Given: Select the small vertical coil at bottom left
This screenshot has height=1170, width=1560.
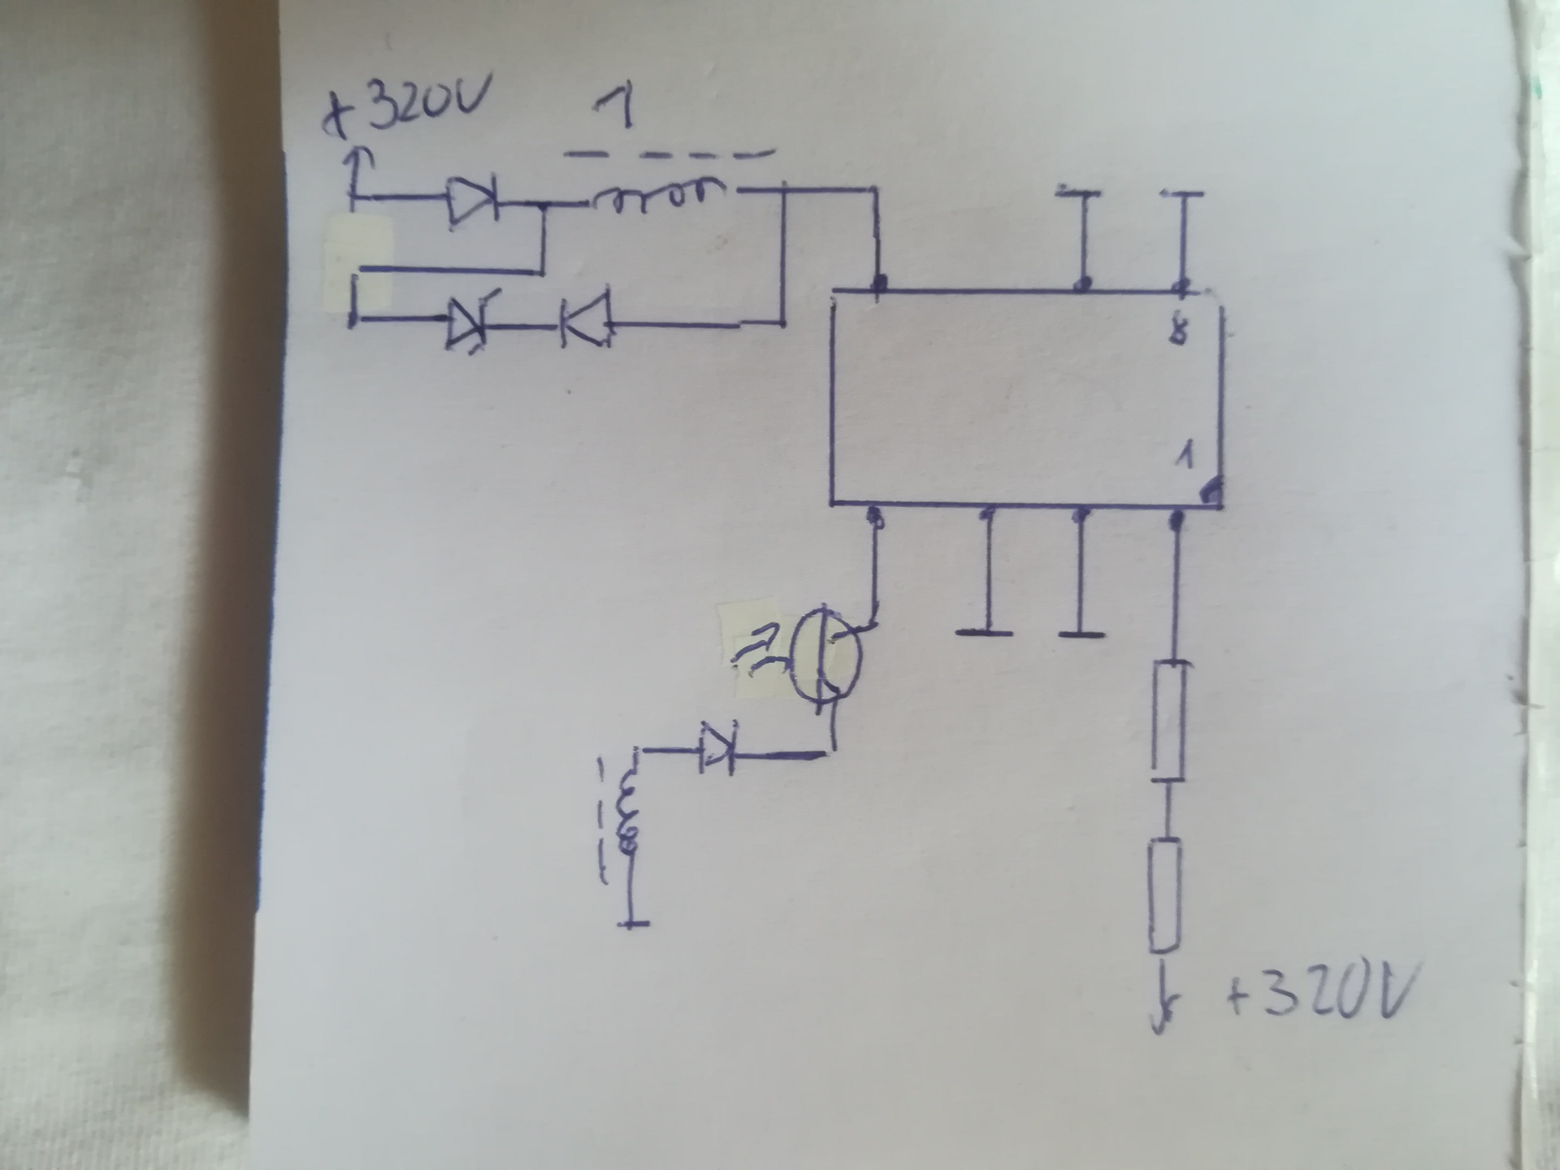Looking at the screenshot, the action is [x=627, y=821].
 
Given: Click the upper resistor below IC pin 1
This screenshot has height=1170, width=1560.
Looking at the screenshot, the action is [x=1170, y=721].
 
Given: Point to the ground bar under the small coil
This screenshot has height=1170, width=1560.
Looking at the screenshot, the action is [x=633, y=924].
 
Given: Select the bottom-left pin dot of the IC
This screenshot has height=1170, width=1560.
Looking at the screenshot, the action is [x=874, y=515].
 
